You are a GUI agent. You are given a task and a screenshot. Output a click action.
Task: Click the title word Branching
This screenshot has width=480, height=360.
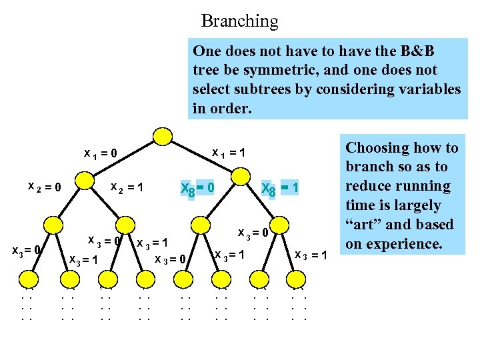239,21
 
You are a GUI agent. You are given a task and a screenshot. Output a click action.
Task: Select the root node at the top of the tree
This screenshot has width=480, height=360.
162,135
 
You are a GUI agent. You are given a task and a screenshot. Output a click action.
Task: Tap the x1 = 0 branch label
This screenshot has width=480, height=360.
101,153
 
